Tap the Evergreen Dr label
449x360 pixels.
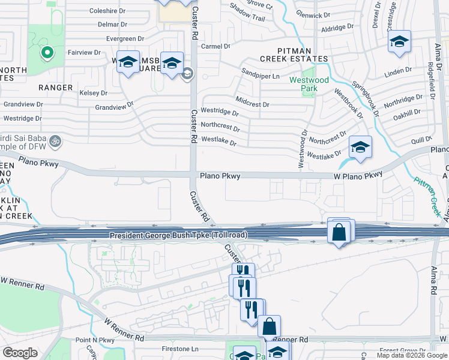click(x=125, y=38)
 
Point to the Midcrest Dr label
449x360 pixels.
click(x=252, y=104)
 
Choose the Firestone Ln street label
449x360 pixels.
click(x=180, y=349)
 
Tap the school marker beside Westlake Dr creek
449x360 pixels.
click(x=360, y=147)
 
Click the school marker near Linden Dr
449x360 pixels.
click(x=399, y=42)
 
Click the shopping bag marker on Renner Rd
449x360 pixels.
click(x=270, y=326)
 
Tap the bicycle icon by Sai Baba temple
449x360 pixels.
click(x=55, y=141)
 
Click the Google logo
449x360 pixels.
click(x=20, y=353)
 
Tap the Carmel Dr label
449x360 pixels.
click(x=215, y=46)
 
